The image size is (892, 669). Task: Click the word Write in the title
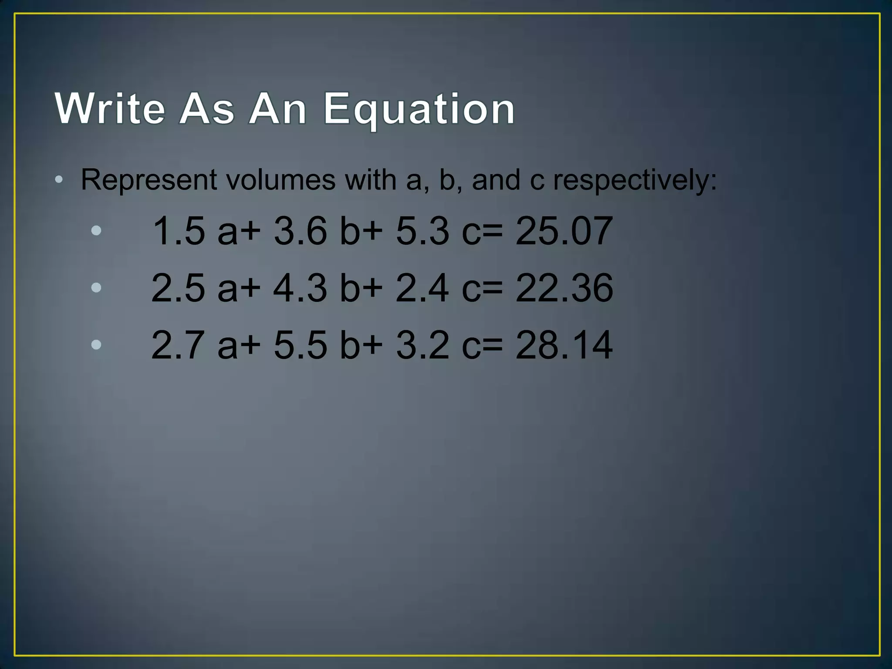(x=110, y=108)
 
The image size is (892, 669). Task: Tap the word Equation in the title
(x=419, y=109)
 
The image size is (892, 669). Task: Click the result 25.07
(x=564, y=231)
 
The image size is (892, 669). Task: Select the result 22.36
(x=564, y=288)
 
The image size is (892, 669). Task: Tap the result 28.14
(x=564, y=345)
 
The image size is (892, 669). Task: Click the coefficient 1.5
(x=179, y=231)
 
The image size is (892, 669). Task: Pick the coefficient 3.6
(x=300, y=231)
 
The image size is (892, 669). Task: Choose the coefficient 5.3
(x=422, y=231)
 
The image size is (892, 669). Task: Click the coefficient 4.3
(x=300, y=288)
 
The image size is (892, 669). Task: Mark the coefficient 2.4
(x=422, y=288)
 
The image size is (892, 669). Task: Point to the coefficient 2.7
(x=179, y=345)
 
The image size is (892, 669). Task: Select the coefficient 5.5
(x=300, y=345)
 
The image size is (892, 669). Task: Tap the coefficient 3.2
(x=422, y=345)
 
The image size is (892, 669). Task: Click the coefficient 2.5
(x=179, y=288)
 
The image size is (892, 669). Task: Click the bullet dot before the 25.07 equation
(x=96, y=230)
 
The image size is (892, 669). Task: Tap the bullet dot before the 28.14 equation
(x=96, y=345)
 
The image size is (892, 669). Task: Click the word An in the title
(x=277, y=108)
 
